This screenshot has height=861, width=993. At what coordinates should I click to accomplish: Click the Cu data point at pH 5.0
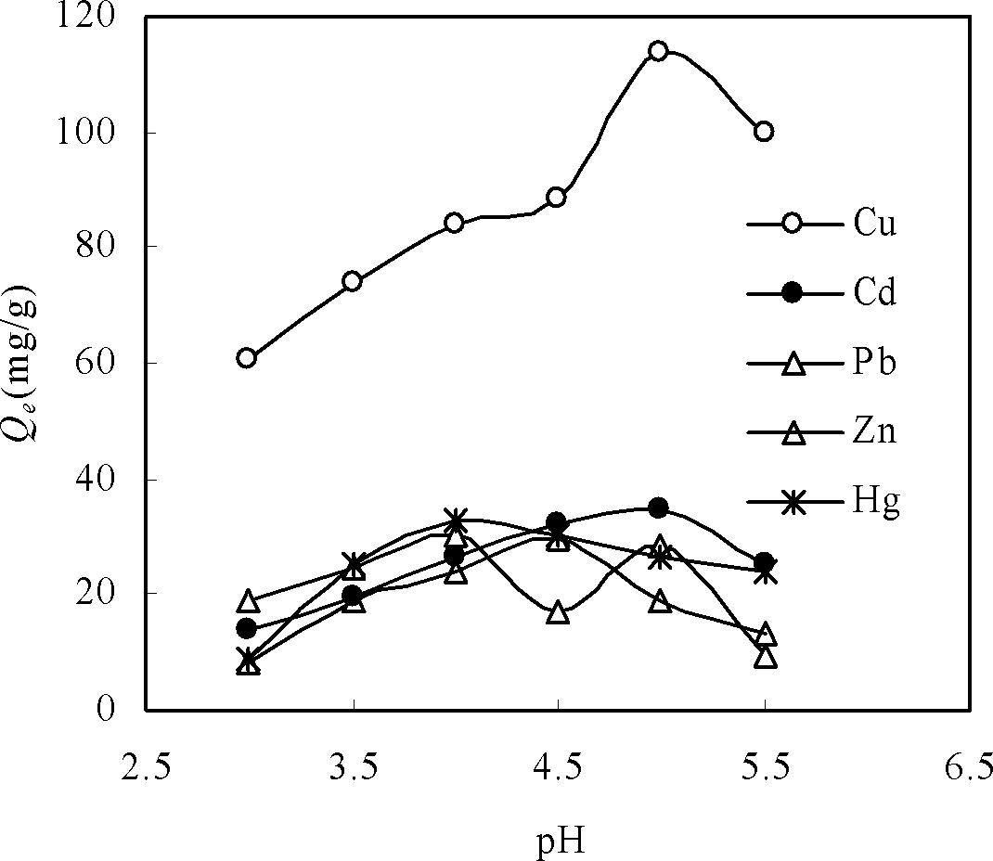click(x=658, y=50)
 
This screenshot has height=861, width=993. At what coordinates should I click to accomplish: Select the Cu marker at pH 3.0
click(x=246, y=358)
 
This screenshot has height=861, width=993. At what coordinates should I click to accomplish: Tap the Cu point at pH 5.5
click(x=763, y=131)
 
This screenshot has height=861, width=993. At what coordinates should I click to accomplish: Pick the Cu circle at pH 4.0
click(x=454, y=223)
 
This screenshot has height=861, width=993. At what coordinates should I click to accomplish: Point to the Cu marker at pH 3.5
click(x=352, y=281)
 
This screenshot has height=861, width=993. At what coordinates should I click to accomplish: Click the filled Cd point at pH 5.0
click(x=658, y=508)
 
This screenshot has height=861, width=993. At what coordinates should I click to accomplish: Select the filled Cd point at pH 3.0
click(x=246, y=628)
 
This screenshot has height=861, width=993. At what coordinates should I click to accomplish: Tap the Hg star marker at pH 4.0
click(x=455, y=520)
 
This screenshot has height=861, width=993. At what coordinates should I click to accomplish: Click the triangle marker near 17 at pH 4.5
click(x=557, y=612)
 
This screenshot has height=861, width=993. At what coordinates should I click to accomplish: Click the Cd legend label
click(x=874, y=294)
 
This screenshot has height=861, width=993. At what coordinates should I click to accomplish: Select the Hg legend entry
click(x=875, y=502)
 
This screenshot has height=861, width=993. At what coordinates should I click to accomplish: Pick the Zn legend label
click(x=874, y=432)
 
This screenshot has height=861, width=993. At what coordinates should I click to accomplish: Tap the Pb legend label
click(x=874, y=363)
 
